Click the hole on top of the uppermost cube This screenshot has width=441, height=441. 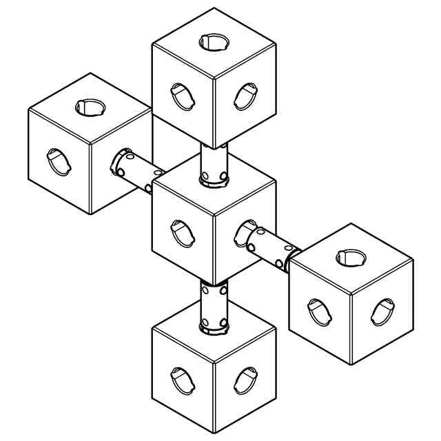click(214, 42)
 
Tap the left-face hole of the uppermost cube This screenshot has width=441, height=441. click(183, 96)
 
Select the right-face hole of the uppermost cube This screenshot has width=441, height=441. click(245, 96)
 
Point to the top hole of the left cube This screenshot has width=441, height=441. click(90, 107)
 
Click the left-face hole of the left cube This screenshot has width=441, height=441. click(59, 161)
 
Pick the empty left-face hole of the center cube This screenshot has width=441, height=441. click(183, 233)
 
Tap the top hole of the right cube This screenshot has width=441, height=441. click(351, 258)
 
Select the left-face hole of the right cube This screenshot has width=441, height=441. click(319, 311)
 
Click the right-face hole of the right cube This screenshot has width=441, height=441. click(382, 311)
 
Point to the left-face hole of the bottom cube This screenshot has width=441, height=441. click(183, 380)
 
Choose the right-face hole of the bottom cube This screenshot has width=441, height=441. click(245, 380)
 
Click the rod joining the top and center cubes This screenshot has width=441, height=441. click(214, 163)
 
